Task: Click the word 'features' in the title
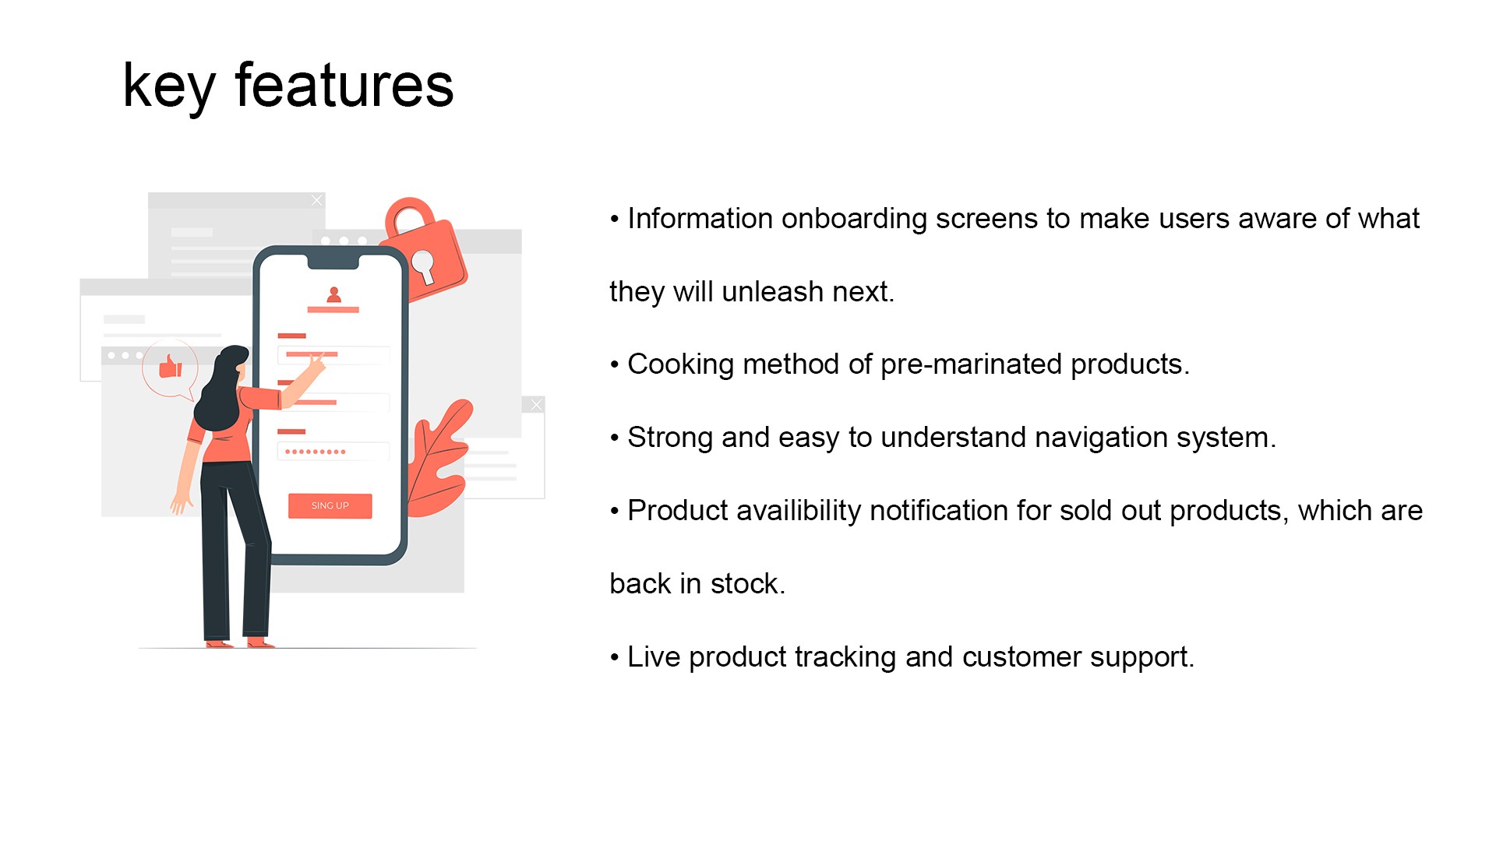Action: tap(344, 86)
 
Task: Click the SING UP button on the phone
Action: tap(330, 505)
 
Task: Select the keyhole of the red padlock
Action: tap(423, 266)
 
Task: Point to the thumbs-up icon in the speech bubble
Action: tap(170, 366)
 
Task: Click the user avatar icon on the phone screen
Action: tap(333, 294)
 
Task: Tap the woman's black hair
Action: tap(222, 389)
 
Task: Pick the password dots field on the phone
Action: tap(333, 452)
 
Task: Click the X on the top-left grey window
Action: tap(316, 201)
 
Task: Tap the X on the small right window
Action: tap(536, 405)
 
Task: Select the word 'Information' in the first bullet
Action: tap(699, 219)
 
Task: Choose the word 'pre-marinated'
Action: tap(972, 365)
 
